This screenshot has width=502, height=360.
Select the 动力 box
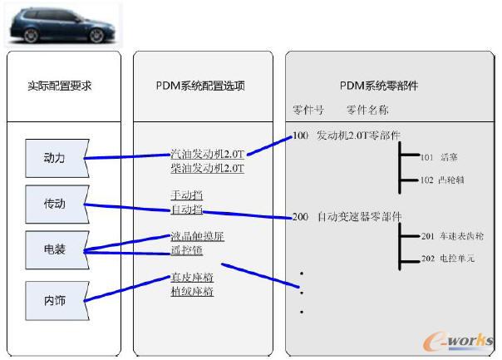tap(55, 158)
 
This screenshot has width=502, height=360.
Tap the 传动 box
tap(55, 204)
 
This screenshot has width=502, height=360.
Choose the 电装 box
tap(55, 249)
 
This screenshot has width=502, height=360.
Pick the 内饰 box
tap(55, 300)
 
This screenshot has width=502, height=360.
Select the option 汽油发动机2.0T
tap(207, 154)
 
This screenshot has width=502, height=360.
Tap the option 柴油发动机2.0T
tap(207, 167)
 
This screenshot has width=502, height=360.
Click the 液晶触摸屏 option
tap(197, 236)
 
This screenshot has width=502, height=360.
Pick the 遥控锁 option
tap(186, 249)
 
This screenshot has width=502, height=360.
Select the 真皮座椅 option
tap(192, 279)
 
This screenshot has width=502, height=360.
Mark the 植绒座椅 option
tap(192, 292)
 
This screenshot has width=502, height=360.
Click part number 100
tap(300, 136)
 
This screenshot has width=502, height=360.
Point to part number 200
tap(300, 217)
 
